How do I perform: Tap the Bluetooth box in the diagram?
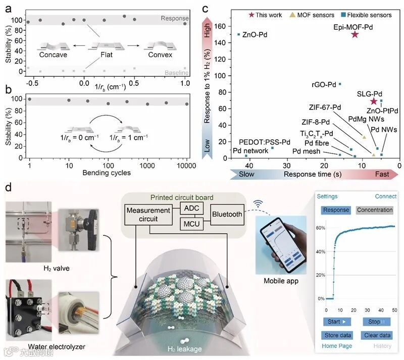pyautogui.click(x=227, y=215)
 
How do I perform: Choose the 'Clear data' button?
pyautogui.click(x=376, y=335)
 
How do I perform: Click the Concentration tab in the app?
pyautogui.click(x=374, y=210)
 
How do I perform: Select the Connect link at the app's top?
pyautogui.click(x=385, y=196)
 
